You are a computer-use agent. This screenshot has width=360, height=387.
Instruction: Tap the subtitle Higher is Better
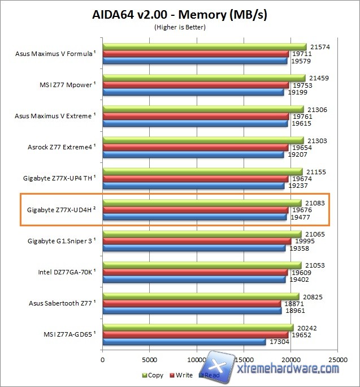click(180, 27)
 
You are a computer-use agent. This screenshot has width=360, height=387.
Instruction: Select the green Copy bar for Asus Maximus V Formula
click(204, 47)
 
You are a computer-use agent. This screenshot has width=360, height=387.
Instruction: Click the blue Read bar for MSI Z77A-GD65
click(184, 342)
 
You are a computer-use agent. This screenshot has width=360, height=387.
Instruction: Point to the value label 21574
click(319, 47)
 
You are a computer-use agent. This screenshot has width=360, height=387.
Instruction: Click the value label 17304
click(279, 342)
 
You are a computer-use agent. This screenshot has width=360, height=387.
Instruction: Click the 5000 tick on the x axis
click(149, 359)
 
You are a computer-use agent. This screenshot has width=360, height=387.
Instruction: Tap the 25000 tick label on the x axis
click(338, 359)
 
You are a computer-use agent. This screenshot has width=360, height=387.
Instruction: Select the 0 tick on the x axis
click(102, 359)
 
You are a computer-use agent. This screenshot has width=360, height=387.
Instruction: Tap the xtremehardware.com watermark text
click(288, 368)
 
